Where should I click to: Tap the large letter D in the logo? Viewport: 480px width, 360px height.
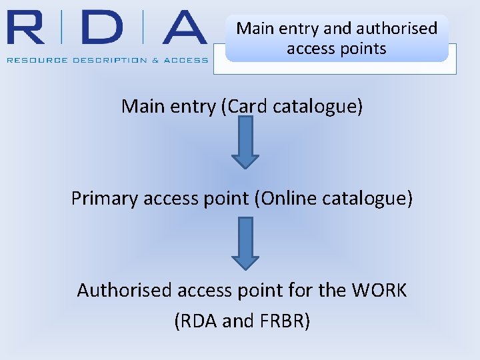[x=103, y=29]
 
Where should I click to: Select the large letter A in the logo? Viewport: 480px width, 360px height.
[x=180, y=29]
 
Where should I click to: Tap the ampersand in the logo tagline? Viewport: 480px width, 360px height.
[x=156, y=60]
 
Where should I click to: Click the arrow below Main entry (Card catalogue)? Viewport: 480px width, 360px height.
[x=245, y=143]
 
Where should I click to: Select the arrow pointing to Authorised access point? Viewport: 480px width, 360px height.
[x=245, y=243]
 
